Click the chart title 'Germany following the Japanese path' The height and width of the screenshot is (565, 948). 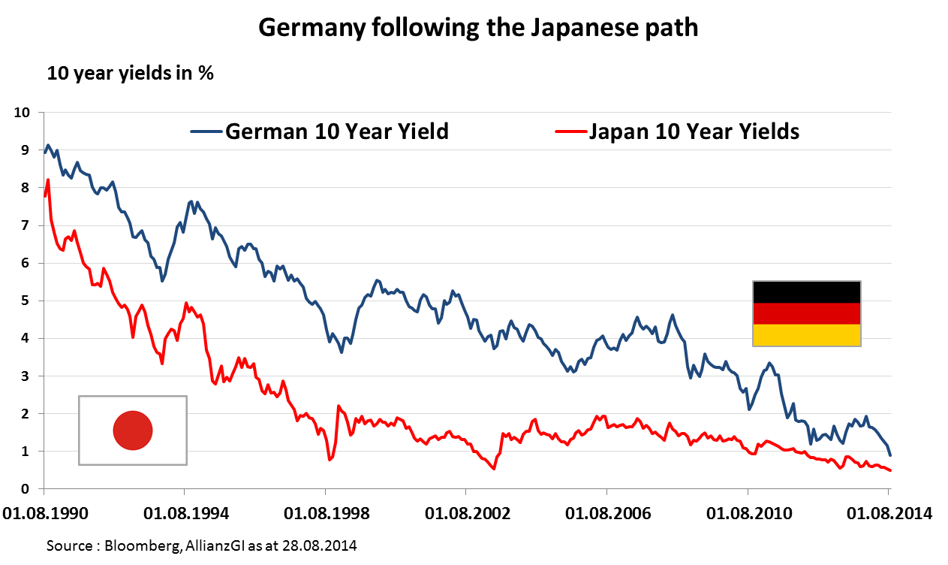pos(478,28)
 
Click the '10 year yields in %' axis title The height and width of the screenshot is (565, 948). pos(131,74)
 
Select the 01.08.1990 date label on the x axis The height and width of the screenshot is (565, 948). pos(46,514)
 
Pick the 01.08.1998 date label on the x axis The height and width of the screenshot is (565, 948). pos(327,514)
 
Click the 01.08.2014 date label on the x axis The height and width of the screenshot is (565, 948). pos(890,514)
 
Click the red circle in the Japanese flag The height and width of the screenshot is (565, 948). pos(133,431)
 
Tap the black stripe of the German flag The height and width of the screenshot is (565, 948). pos(806,292)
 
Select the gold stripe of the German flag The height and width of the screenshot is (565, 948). pos(806,335)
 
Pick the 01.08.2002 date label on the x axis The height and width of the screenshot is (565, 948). pos(468,514)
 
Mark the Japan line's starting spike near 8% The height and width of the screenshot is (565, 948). pos(48,181)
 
